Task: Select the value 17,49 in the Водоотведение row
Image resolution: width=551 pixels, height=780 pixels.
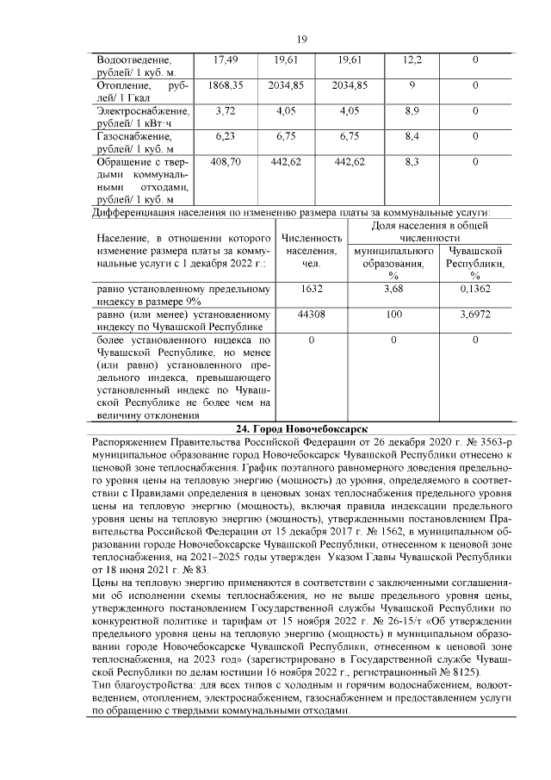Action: [225, 59]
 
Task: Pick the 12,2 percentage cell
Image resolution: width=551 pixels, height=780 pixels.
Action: [412, 59]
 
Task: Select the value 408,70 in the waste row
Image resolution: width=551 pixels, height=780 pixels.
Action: [225, 161]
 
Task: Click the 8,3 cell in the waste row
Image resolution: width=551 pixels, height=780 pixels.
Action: [412, 161]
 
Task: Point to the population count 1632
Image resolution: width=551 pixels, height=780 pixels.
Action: [307, 290]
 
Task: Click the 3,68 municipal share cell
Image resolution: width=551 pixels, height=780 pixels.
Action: [393, 290]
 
